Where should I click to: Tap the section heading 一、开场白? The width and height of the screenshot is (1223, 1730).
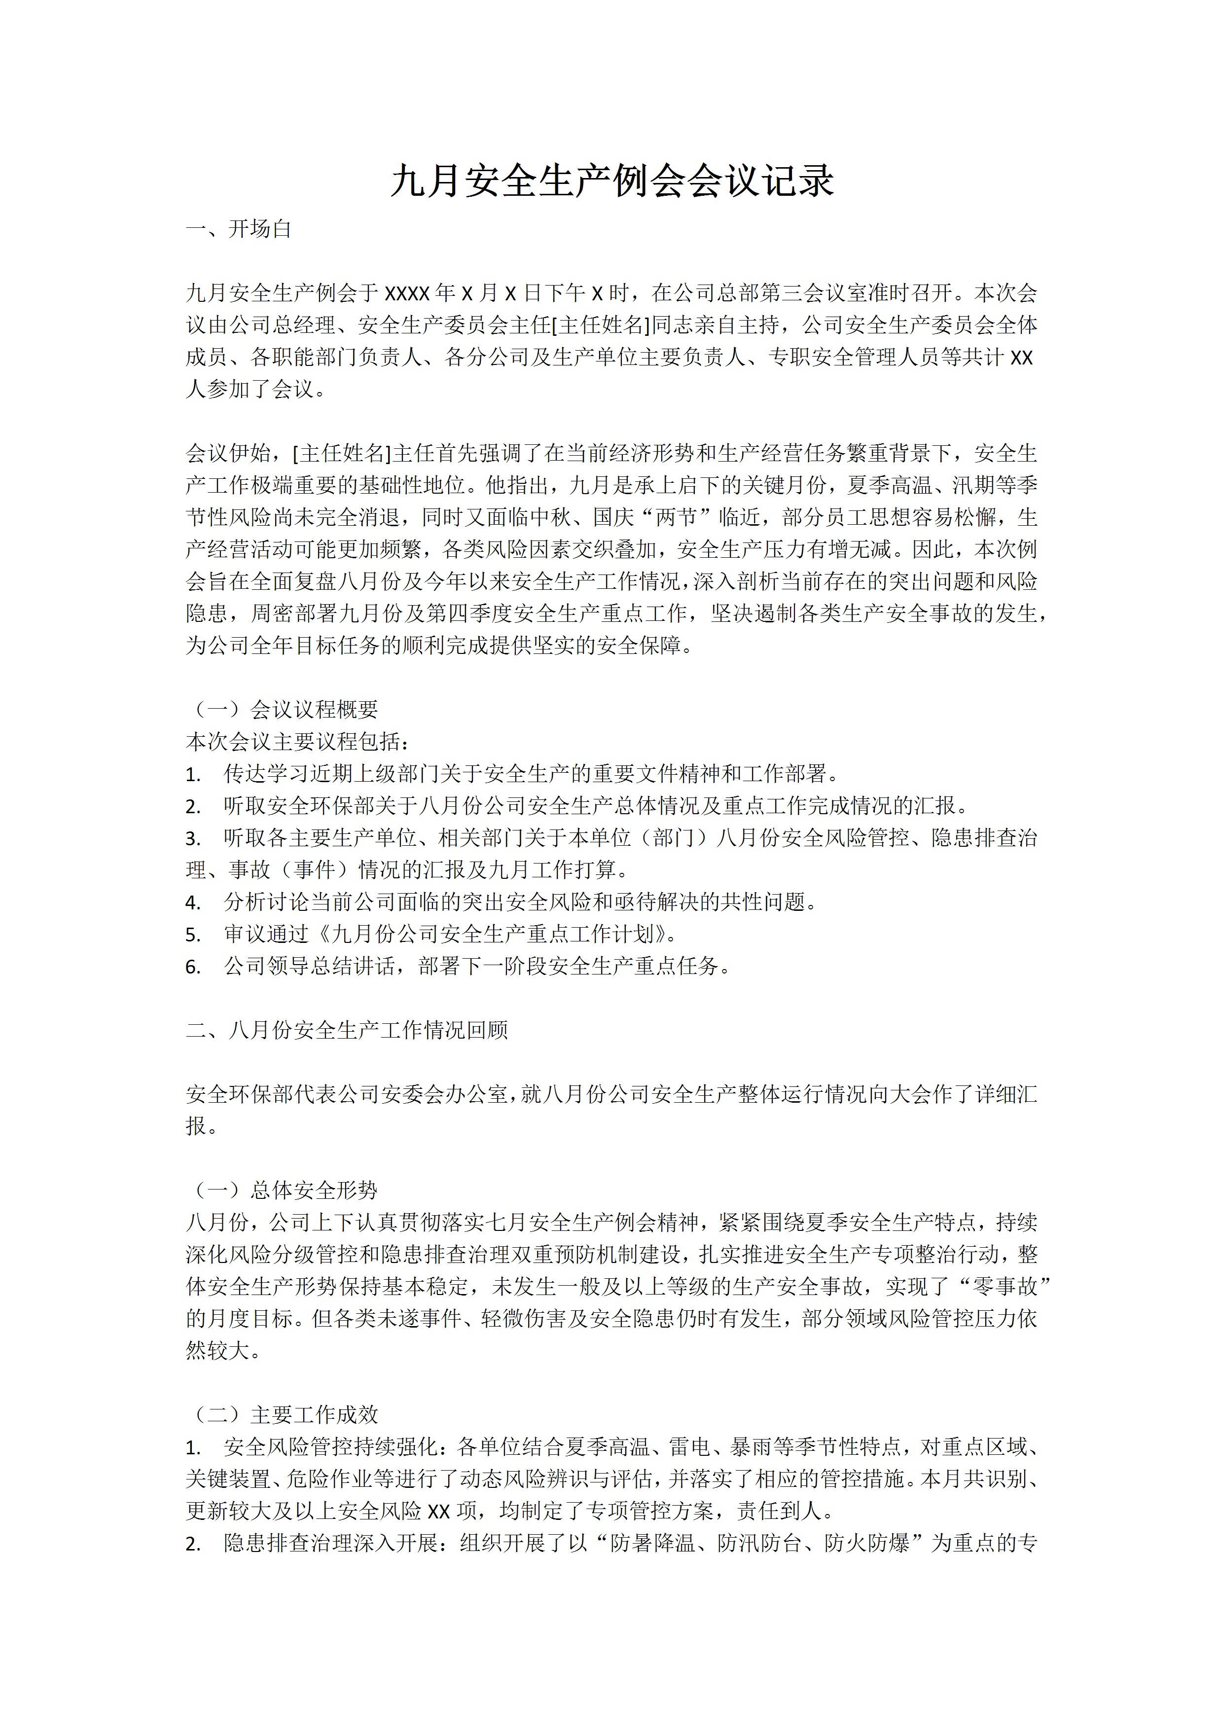(238, 229)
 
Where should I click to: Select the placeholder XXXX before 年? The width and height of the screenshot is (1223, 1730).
(407, 293)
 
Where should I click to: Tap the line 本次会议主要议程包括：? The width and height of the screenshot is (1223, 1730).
(298, 742)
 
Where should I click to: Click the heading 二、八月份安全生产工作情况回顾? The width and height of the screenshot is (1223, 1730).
(347, 1030)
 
